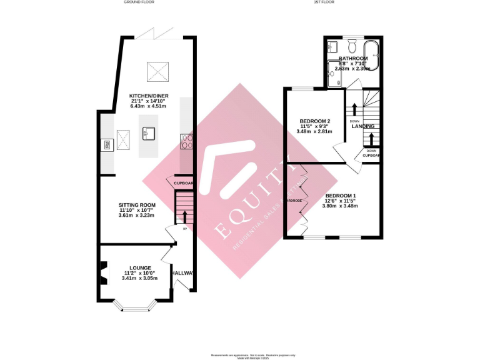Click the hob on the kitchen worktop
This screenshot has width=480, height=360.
186,142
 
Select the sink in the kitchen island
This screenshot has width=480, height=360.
149,133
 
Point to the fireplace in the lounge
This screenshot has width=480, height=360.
102,272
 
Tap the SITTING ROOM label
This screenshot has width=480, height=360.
136,204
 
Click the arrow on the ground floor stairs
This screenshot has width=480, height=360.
184,216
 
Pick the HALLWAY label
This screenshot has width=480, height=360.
184,273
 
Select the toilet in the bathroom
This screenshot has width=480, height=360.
352,46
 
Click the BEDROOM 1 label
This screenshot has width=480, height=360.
341,195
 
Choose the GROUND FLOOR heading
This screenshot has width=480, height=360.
139,2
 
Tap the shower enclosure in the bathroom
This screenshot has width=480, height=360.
335,74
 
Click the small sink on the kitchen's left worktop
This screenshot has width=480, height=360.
107,146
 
